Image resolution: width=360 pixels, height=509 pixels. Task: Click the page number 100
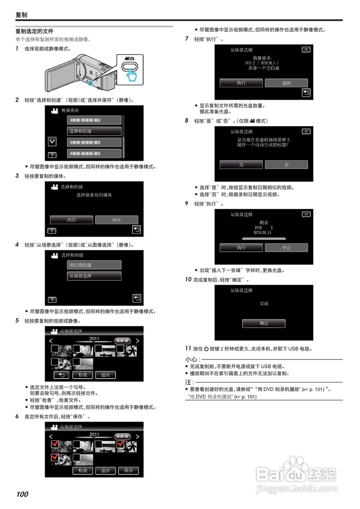(22, 494)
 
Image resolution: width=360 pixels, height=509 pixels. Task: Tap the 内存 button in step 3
(72, 220)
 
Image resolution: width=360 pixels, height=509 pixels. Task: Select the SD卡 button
(117, 220)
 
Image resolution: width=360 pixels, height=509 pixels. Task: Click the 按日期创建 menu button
(94, 265)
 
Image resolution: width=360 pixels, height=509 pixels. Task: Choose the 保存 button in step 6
(128, 470)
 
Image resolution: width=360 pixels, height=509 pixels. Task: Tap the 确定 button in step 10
(264, 323)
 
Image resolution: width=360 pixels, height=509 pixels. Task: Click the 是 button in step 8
(241, 165)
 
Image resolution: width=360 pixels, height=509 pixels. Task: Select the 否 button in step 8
(286, 165)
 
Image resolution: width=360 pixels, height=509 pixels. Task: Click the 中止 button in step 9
(286, 247)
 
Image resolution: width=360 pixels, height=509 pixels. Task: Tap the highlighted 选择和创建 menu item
(94, 131)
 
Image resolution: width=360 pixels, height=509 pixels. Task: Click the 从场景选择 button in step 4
(94, 276)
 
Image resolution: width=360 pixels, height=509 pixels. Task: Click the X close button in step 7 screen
(306, 50)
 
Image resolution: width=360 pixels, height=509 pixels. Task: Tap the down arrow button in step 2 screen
(52, 142)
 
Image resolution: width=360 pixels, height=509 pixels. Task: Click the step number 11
(188, 348)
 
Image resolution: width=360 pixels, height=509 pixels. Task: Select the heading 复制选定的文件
(35, 31)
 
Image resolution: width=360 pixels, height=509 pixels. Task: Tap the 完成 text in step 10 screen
(264, 303)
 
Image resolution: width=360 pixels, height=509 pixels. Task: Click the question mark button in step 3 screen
(52, 231)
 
